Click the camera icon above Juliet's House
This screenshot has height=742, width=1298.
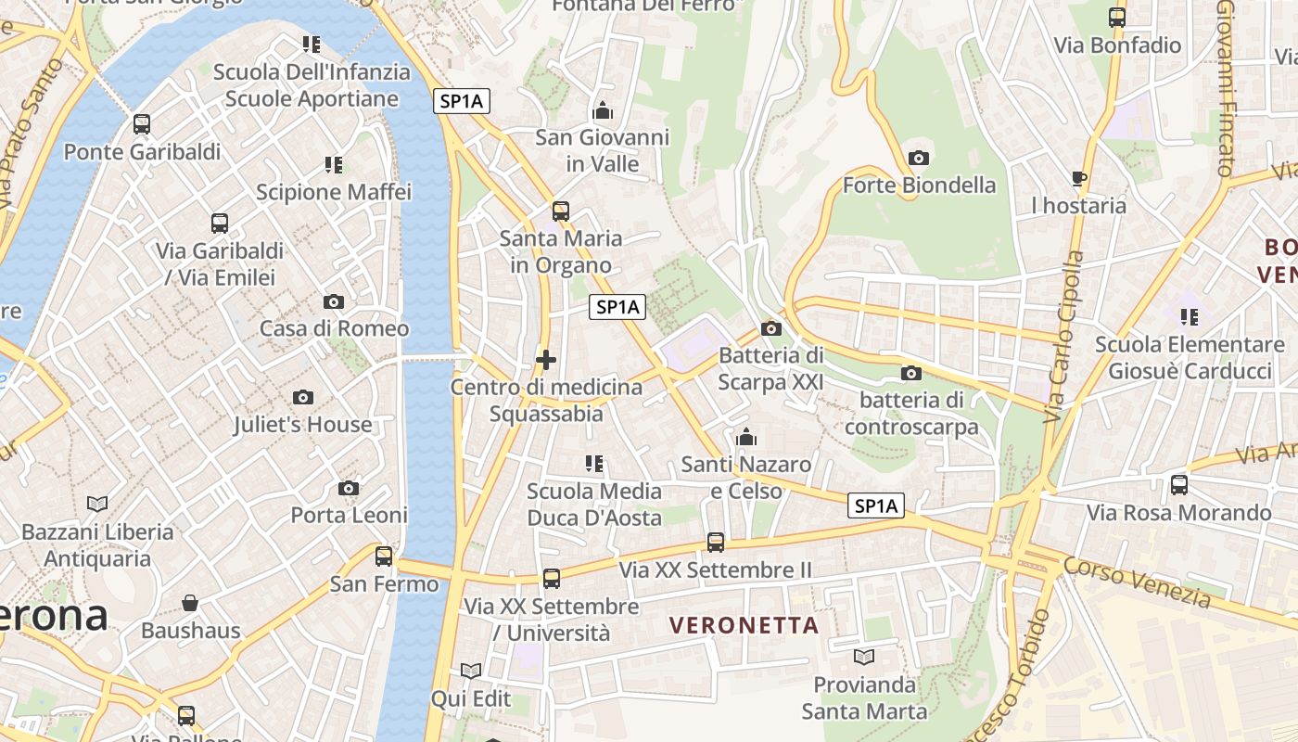tap(302, 398)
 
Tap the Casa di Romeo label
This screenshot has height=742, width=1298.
tap(334, 328)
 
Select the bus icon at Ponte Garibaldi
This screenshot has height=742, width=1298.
tap(142, 124)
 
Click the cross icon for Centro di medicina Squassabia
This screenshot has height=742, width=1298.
tap(546, 360)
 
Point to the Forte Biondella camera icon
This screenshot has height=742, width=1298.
tap(919, 159)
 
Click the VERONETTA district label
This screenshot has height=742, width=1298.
tap(744, 625)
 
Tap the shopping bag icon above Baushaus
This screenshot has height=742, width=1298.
tap(190, 604)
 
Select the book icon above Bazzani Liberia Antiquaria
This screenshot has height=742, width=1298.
tap(97, 505)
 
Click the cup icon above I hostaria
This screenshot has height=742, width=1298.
tap(1078, 178)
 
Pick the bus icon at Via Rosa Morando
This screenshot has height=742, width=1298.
tap(1179, 485)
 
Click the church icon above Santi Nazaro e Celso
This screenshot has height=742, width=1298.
tap(746, 437)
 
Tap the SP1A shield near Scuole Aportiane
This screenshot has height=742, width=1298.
tap(462, 102)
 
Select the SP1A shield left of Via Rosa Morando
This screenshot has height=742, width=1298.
tap(876, 505)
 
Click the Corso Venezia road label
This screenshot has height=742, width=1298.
tap(1137, 582)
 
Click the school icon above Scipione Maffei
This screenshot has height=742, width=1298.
tap(334, 166)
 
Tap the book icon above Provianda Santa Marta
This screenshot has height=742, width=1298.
tap(864, 658)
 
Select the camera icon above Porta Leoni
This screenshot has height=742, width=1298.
tap(349, 489)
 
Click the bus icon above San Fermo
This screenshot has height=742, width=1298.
tap(384, 556)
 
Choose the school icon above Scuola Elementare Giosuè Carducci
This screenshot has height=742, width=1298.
tap(1190, 317)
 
